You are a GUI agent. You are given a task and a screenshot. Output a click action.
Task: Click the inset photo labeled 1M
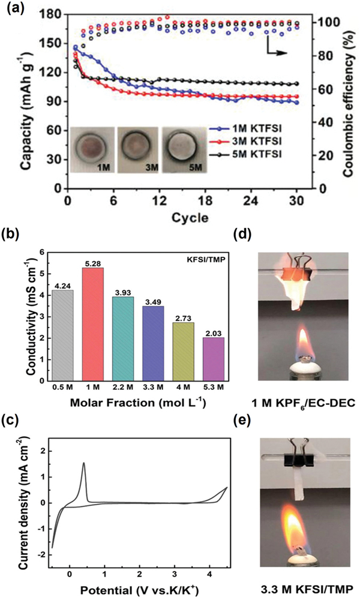90,149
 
